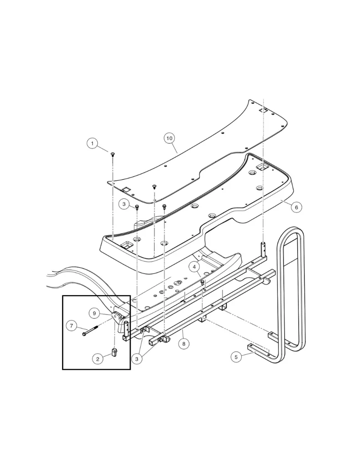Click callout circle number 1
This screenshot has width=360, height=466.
coord(92,144)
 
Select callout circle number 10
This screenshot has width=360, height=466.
coord(169,137)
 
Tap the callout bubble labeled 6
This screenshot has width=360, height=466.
coord(296,207)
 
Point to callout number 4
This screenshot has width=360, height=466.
coord(195,266)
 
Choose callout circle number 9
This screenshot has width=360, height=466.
coord(93,313)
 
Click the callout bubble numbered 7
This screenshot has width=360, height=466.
coord(71,325)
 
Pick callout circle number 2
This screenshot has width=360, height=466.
coord(97,359)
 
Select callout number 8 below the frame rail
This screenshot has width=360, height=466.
coord(184,344)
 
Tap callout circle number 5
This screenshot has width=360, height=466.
coord(236,357)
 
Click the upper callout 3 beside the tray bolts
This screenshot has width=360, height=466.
coord(124,204)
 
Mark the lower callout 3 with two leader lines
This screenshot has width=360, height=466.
coord(138,359)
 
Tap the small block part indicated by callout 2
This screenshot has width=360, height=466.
coord(114,352)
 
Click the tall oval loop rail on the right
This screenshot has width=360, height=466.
coord(291,291)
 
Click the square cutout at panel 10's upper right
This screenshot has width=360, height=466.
coord(262,111)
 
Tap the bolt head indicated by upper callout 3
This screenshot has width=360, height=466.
coord(137,208)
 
